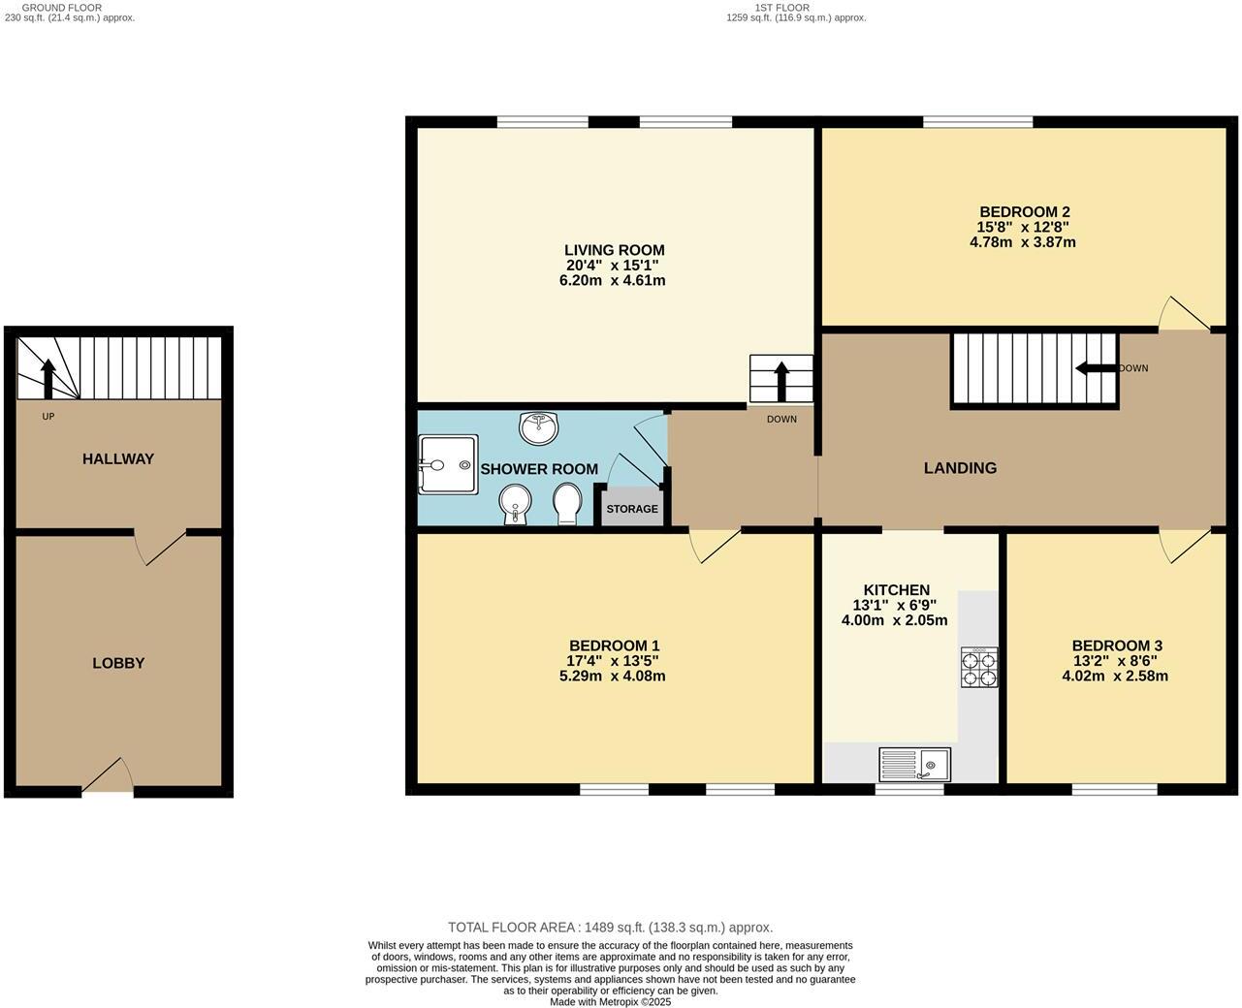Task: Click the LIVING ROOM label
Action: click(x=615, y=250)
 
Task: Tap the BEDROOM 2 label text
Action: click(x=1024, y=212)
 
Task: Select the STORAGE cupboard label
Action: click(x=632, y=509)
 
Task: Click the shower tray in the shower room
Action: click(x=448, y=464)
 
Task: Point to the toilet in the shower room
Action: click(x=566, y=503)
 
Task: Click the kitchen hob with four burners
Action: click(x=978, y=667)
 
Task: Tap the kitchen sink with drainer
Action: click(x=914, y=765)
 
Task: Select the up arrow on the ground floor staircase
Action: click(x=47, y=376)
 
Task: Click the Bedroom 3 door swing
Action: click(x=1182, y=545)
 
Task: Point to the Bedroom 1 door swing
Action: click(x=714, y=545)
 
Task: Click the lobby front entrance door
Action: click(x=109, y=777)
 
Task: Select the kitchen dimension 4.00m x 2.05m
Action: click(x=894, y=620)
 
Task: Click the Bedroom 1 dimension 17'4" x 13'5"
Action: click(x=614, y=661)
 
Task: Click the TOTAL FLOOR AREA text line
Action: click(x=610, y=928)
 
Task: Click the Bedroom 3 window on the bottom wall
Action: click(x=1114, y=790)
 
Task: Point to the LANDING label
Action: click(x=960, y=468)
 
